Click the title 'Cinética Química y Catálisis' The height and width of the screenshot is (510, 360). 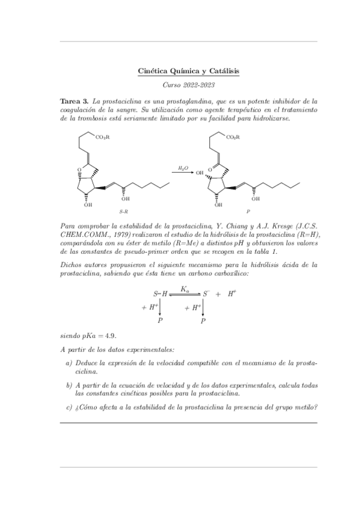pos(189,71)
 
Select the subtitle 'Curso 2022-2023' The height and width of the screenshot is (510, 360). pos(189,86)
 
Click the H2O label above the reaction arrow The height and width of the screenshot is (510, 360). pos(183,168)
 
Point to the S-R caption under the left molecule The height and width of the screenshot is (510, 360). pos(123,212)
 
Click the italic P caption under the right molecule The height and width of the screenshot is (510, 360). pos(248,212)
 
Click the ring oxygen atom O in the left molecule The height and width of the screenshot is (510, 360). pos(79,170)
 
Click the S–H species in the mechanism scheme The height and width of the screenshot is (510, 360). pos(160,294)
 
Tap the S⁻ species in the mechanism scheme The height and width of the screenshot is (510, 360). pos(205,294)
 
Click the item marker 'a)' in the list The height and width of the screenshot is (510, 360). pos(69,364)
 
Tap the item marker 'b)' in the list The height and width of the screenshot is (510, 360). pos(69,386)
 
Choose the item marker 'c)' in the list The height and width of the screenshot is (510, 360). pos(69,407)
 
